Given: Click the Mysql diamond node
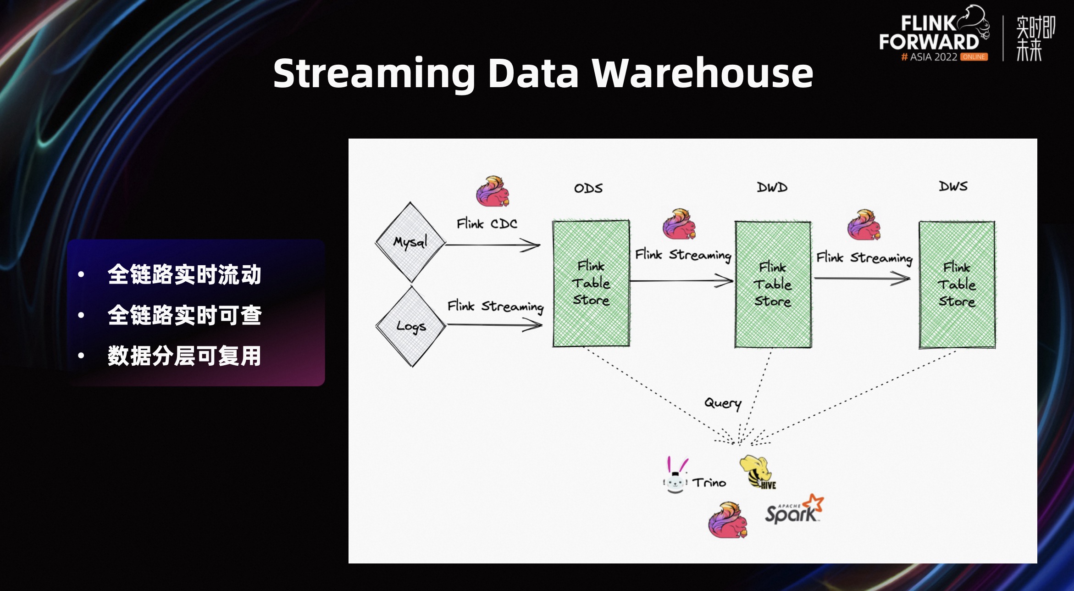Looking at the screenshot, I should point(410,242).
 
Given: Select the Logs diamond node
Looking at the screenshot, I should point(411,326).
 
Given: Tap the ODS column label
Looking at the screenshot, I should point(588,188).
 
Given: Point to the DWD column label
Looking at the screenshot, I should point(772,187).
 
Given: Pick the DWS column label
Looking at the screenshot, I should point(953,186).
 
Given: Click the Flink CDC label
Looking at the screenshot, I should point(487,224).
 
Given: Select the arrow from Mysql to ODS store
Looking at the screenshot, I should point(493,245).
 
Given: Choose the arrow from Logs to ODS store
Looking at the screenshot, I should point(494,325).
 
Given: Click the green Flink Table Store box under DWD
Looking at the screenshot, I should point(773,284).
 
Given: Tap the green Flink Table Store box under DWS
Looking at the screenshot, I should point(957,284).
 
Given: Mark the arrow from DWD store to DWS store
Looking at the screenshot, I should point(862,278).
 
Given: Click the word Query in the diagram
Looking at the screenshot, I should point(723,403).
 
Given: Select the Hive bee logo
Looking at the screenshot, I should point(757,472).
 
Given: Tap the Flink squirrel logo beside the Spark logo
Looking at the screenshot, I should point(728,520).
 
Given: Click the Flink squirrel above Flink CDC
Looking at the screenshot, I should point(493,191).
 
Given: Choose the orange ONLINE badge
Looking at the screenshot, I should point(974,57).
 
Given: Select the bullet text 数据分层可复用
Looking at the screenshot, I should point(184,356).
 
